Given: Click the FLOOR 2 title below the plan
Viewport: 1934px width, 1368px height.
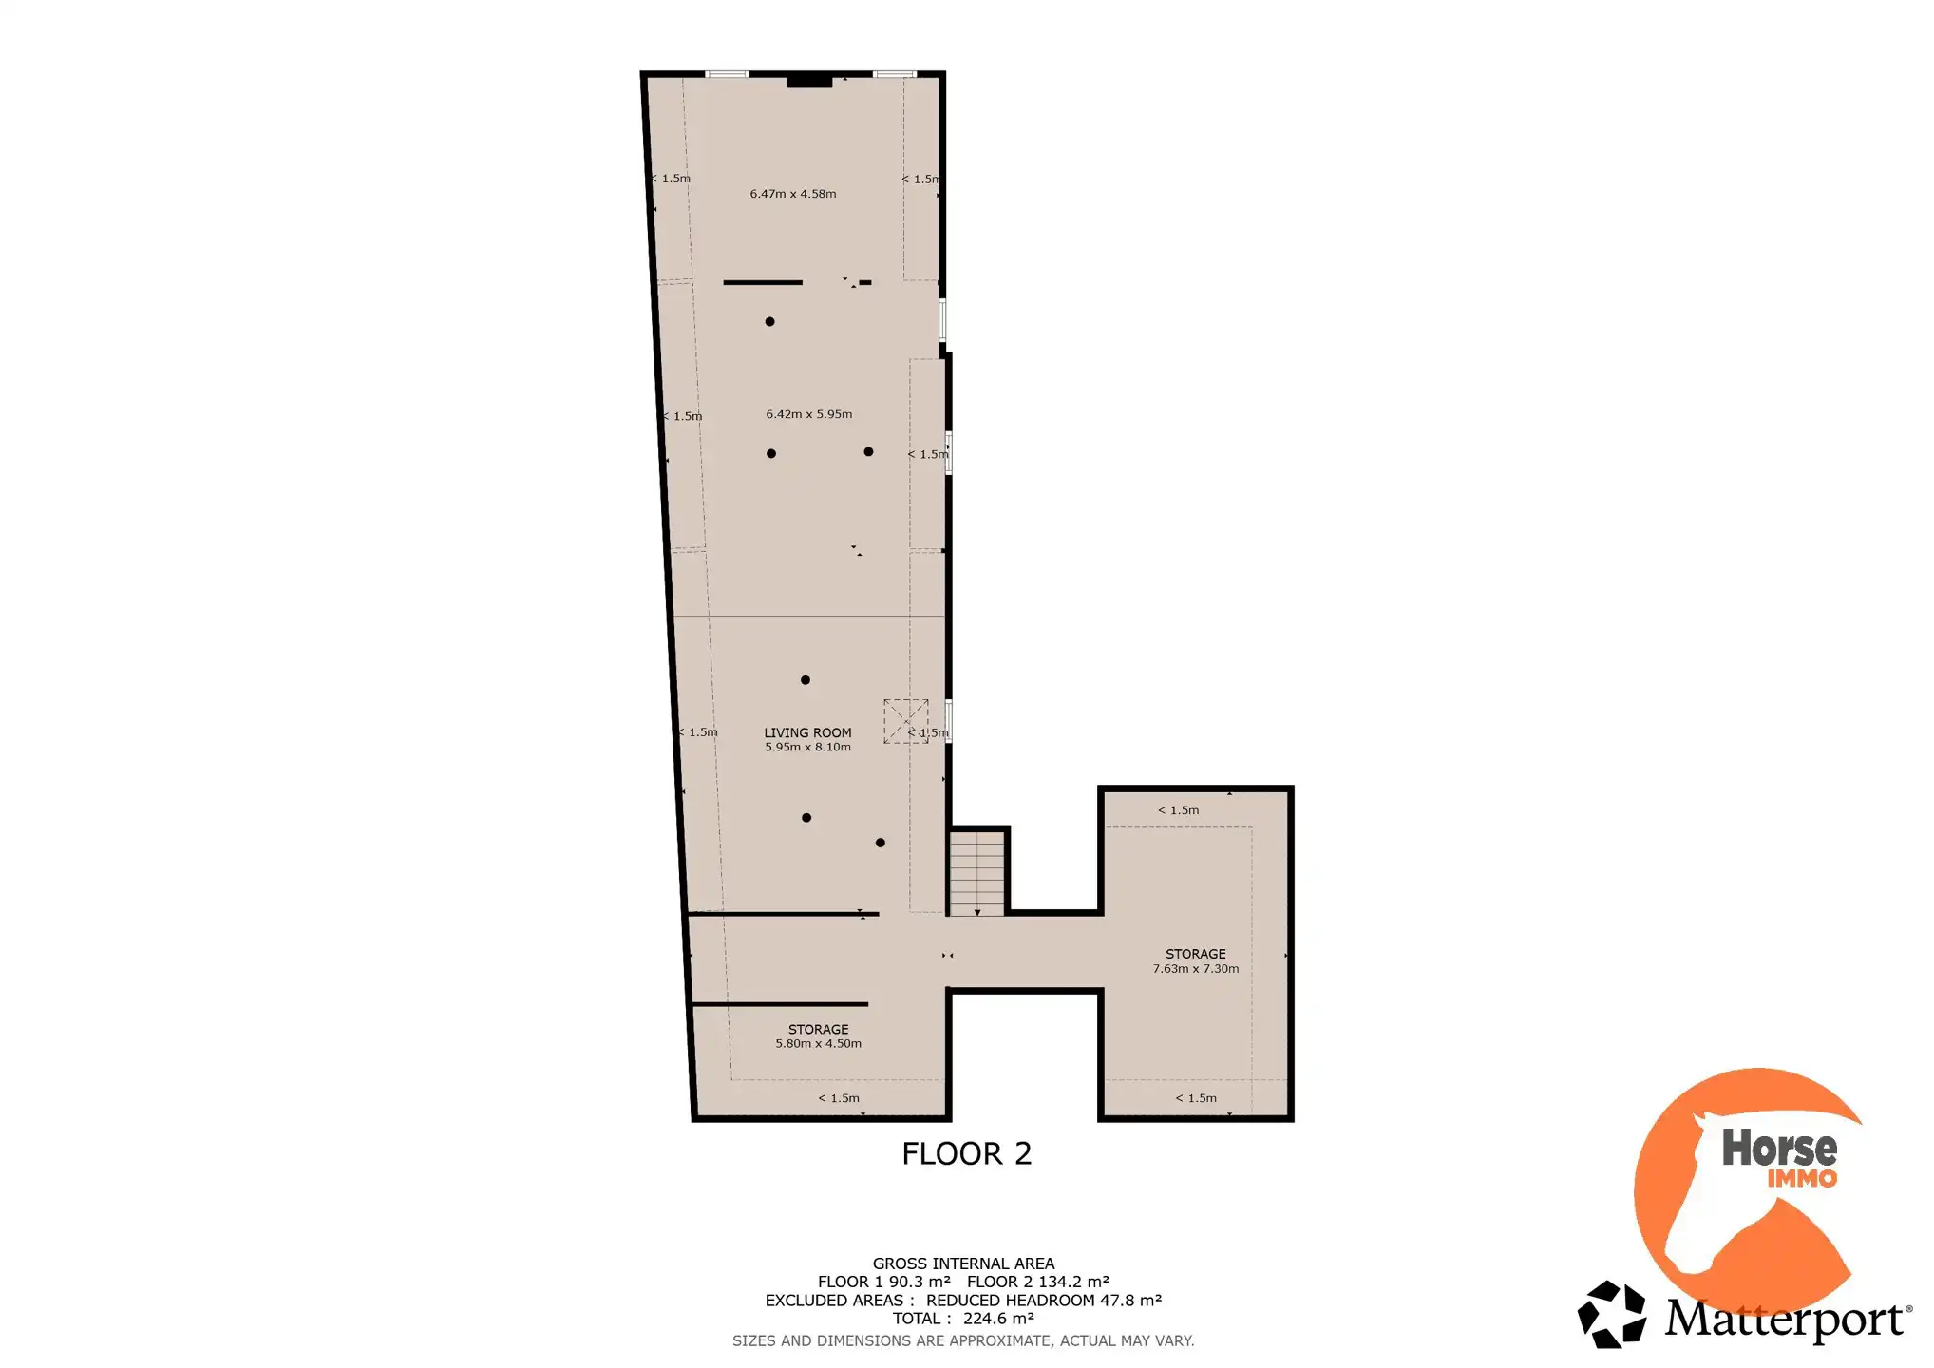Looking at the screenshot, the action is (x=966, y=1153).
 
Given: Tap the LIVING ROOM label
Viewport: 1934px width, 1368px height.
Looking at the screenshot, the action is (x=807, y=732).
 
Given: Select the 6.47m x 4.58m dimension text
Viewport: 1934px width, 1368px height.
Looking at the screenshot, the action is (x=793, y=194).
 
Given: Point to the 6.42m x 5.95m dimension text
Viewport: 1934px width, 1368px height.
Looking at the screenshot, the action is (x=809, y=414).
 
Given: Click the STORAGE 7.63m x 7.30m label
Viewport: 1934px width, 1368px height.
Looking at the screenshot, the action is (x=1196, y=960).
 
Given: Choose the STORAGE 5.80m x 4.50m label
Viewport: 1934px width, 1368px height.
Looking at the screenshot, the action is (x=818, y=1035).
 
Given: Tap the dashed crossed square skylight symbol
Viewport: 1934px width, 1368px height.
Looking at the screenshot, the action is (x=906, y=721).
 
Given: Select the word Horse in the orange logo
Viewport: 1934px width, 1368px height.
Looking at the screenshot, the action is (x=1779, y=1148).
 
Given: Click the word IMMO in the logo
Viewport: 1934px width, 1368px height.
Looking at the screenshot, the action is (x=1802, y=1179).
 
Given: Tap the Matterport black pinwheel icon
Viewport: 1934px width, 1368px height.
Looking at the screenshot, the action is (x=1611, y=1315).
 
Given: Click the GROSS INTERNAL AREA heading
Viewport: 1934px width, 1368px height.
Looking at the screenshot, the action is (x=963, y=1263).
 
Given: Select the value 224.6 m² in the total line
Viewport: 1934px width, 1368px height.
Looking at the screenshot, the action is (x=998, y=1319).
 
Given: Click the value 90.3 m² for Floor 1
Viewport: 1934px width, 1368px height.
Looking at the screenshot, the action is (x=920, y=1282).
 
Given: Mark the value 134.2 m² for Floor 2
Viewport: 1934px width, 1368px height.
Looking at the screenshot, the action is (x=1073, y=1282).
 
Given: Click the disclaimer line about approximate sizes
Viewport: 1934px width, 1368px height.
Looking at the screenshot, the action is (x=963, y=1341).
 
